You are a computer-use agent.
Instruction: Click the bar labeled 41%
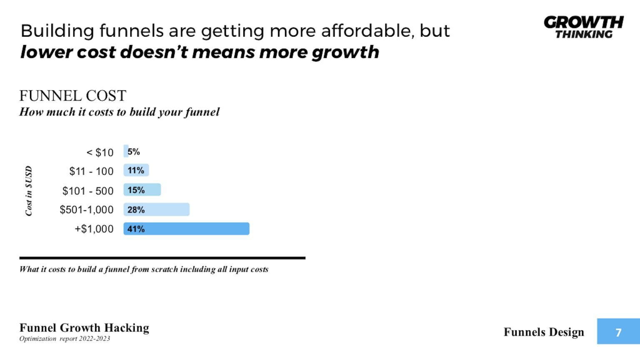186,229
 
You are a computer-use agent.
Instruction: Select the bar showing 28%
156,210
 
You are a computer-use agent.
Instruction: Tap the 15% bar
142,190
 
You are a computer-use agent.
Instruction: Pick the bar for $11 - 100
136,170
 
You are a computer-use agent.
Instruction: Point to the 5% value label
134,152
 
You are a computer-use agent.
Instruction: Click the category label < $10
100,152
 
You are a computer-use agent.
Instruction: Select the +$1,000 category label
94,229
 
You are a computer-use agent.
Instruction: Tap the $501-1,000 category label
86,210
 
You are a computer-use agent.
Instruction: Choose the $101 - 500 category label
87,191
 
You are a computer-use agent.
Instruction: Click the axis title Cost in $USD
28,191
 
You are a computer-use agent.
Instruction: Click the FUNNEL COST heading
72,96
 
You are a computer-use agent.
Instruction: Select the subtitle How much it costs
119,112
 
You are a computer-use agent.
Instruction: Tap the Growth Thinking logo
583,27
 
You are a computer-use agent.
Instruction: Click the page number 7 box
618,332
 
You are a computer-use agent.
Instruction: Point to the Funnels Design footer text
544,332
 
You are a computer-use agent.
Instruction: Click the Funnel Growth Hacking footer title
84,328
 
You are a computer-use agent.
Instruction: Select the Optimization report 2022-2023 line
65,339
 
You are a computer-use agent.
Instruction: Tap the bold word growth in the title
345,52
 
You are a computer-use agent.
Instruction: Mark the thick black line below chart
162,258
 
